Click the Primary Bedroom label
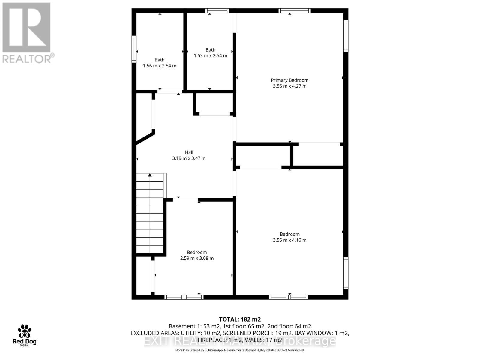(289, 80)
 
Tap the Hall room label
(189, 152)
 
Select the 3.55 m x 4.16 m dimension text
(289, 240)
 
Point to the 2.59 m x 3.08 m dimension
(197, 258)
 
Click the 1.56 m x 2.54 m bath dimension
(159, 66)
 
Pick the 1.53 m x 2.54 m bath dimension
(210, 55)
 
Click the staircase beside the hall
(150, 214)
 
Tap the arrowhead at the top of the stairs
(150, 175)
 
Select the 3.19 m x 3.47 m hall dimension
(189, 158)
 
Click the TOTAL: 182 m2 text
(240, 319)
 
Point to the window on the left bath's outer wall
(134, 49)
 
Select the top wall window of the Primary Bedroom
(294, 11)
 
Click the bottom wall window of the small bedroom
(184, 297)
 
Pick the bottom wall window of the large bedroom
(288, 297)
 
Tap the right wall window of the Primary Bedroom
(346, 36)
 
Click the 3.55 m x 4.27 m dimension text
(289, 86)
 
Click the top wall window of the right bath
(217, 11)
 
